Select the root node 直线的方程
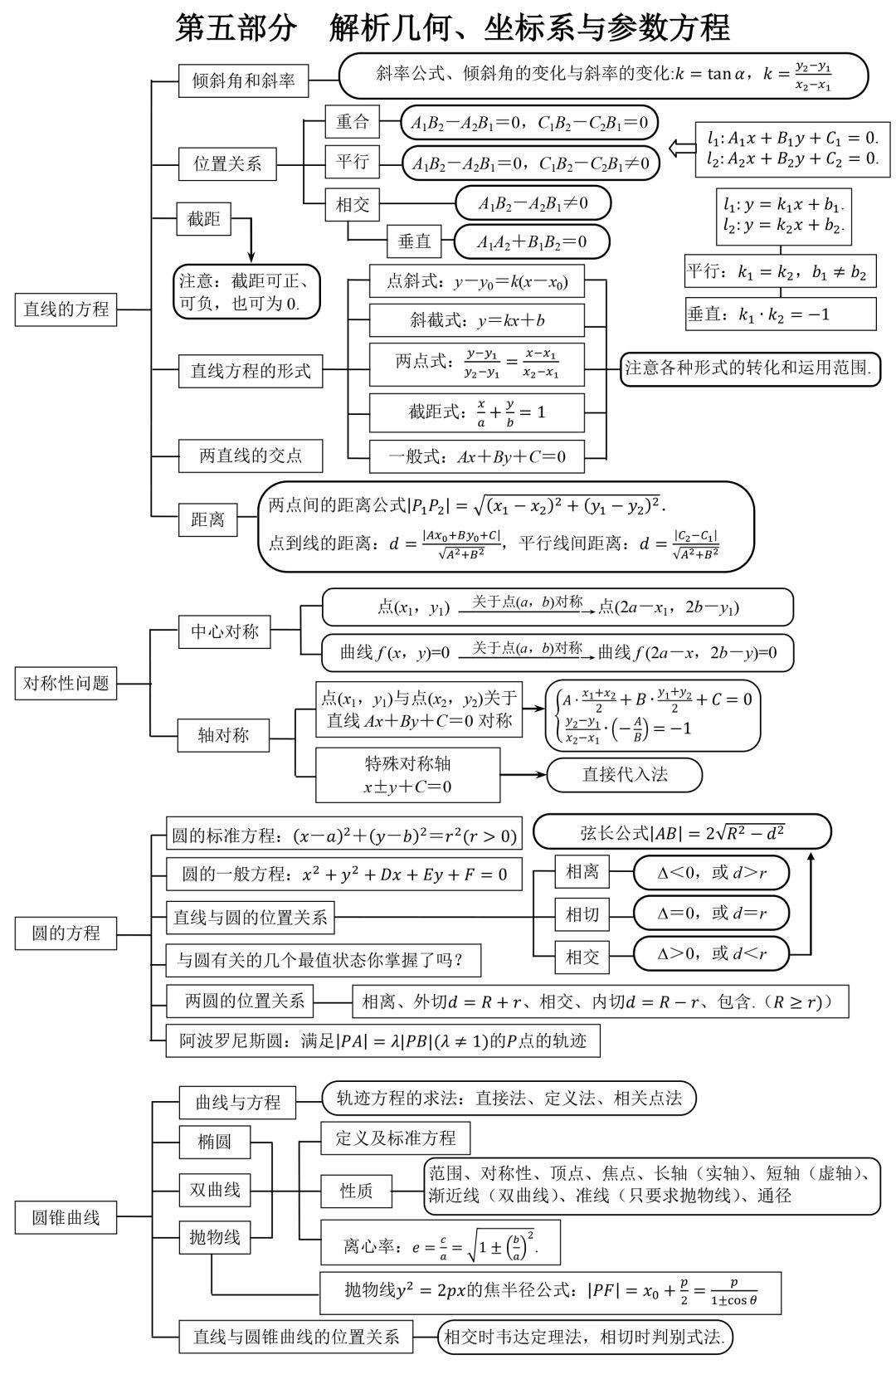coord(66,309)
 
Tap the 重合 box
coord(352,122)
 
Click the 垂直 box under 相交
coord(415,241)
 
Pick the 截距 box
coord(203,219)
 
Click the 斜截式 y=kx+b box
coord(476,320)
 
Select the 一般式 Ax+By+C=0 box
coord(476,456)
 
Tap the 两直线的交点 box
coord(251,456)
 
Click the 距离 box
coord(207,520)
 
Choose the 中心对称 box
coord(225,632)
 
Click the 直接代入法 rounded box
coord(624,775)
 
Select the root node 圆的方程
coord(66,933)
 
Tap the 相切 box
coord(582,914)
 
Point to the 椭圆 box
coord(215,1142)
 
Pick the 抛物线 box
coord(215,1237)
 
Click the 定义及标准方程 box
coord(395,1138)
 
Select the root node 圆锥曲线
coord(66,1218)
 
